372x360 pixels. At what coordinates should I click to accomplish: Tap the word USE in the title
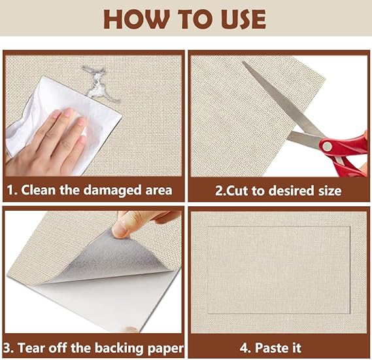(243, 19)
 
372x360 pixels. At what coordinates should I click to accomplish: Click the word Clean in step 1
(38, 190)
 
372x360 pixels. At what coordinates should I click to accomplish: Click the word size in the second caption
(330, 190)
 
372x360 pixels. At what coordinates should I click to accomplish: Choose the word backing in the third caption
(120, 348)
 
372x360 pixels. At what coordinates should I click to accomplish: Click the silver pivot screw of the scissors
(327, 146)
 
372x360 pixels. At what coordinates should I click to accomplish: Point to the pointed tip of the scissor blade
(243, 62)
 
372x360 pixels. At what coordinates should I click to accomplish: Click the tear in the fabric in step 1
(99, 84)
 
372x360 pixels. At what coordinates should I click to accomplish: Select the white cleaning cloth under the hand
(64, 124)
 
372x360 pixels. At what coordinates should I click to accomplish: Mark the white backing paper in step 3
(105, 304)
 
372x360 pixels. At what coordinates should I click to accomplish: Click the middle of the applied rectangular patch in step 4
(279, 270)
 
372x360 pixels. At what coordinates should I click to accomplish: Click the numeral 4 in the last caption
(244, 348)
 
